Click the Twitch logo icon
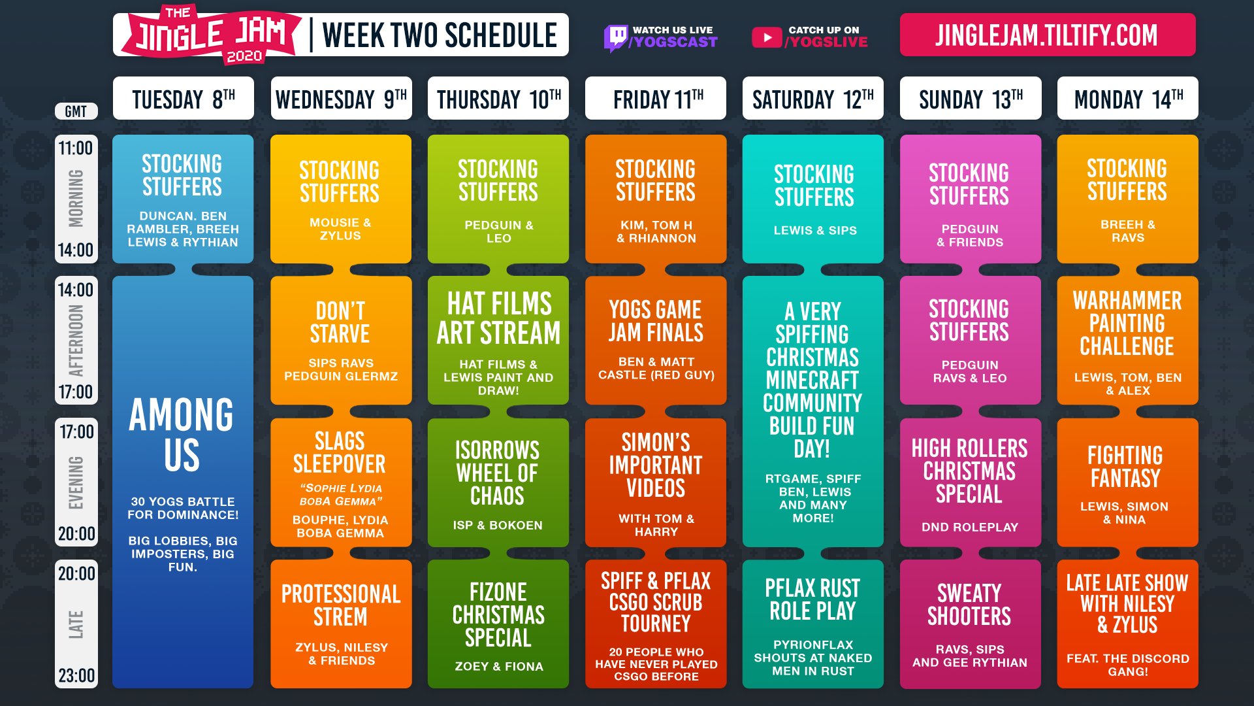click(615, 38)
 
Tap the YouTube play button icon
click(767, 37)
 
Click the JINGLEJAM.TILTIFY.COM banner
click(1048, 35)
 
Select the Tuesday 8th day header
click(184, 99)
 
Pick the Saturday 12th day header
click(813, 99)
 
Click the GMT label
click(76, 111)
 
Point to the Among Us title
click(182, 434)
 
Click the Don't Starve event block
click(341, 340)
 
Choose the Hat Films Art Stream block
click(498, 340)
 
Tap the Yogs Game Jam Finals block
click(656, 340)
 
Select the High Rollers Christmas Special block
click(971, 482)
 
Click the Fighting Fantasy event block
click(1128, 482)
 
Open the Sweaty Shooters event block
click(971, 624)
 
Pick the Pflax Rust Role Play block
click(813, 624)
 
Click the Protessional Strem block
click(341, 624)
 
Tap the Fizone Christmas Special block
click(498, 624)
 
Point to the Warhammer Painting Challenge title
click(1127, 323)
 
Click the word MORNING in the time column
click(76, 198)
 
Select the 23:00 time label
click(76, 675)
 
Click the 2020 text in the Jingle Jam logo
click(244, 56)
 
